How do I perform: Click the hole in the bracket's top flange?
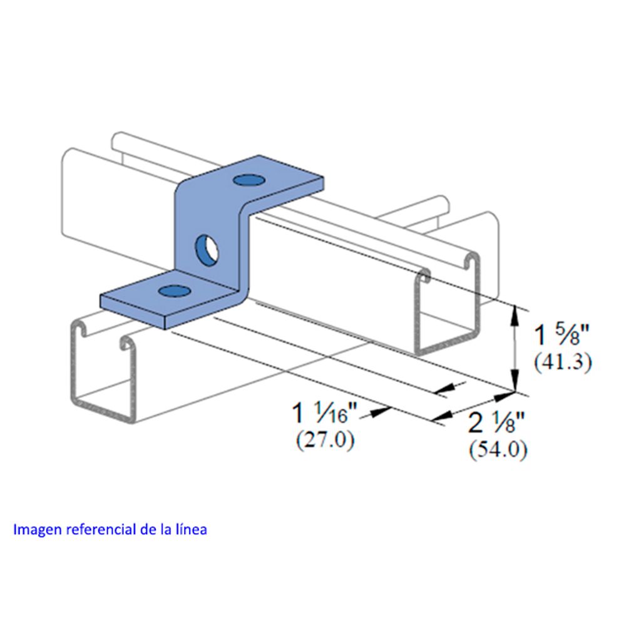250,180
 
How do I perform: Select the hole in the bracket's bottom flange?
174,291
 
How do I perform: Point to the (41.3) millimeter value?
563,362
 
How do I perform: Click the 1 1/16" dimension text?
326,413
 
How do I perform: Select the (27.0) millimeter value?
325,440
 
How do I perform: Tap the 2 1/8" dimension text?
496,423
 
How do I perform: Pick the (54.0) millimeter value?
498,450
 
